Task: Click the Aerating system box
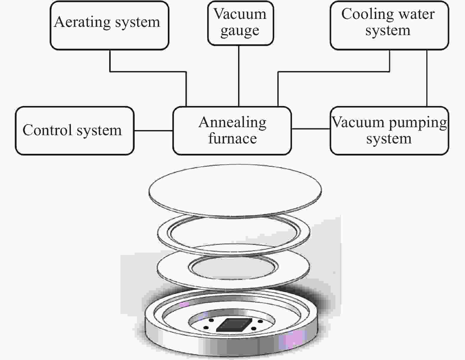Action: coord(110,25)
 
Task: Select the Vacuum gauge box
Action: coord(241,23)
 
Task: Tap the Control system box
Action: coord(75,131)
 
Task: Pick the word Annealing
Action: coord(232,123)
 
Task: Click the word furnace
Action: coord(232,138)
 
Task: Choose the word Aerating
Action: coord(82,22)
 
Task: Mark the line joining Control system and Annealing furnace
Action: coord(154,131)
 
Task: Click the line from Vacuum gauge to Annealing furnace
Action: coord(239,76)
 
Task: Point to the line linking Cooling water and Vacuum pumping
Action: coord(427,78)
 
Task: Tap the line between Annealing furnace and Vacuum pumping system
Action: coord(311,129)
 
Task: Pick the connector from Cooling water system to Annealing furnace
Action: coord(333,72)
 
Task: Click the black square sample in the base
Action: coord(234,325)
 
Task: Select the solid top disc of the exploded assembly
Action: coord(235,191)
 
